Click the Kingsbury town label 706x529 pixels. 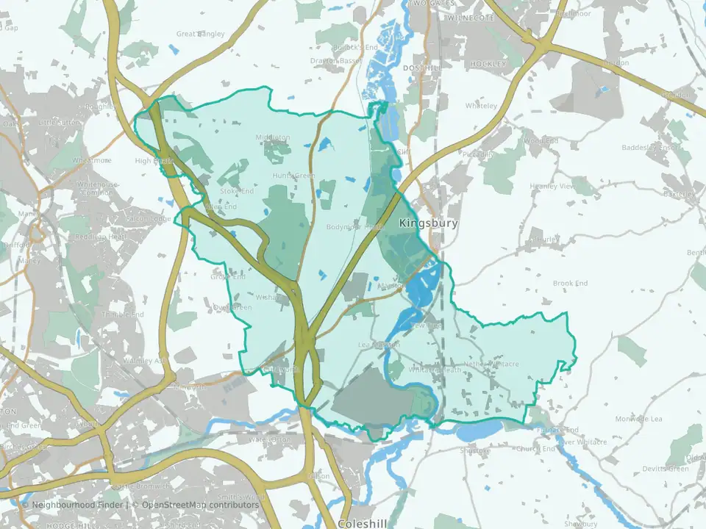point(428,223)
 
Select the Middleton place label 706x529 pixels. point(273,137)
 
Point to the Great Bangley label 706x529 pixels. point(199,33)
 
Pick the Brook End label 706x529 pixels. point(570,283)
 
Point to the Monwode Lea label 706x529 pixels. point(638,419)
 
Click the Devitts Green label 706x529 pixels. point(664,469)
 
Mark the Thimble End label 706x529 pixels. point(123,314)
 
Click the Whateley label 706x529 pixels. point(482,106)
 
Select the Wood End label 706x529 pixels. point(541,140)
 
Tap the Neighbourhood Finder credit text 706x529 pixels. point(80,505)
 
